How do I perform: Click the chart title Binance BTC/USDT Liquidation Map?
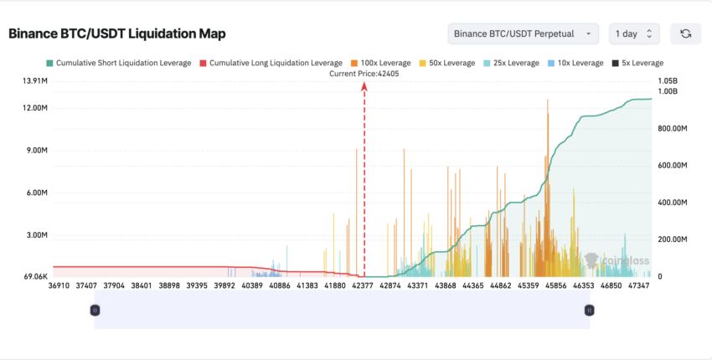[x=117, y=33]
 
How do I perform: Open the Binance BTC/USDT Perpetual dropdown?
[x=524, y=33]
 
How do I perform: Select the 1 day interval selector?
[x=634, y=33]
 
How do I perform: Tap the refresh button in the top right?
[x=685, y=33]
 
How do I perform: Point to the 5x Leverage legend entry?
[x=637, y=63]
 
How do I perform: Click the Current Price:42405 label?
[x=364, y=74]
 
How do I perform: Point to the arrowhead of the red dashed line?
[x=364, y=85]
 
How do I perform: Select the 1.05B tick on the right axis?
[x=668, y=81]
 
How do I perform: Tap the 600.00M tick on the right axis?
[x=673, y=166]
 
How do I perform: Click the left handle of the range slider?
[x=95, y=311]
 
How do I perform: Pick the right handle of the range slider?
[x=590, y=311]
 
